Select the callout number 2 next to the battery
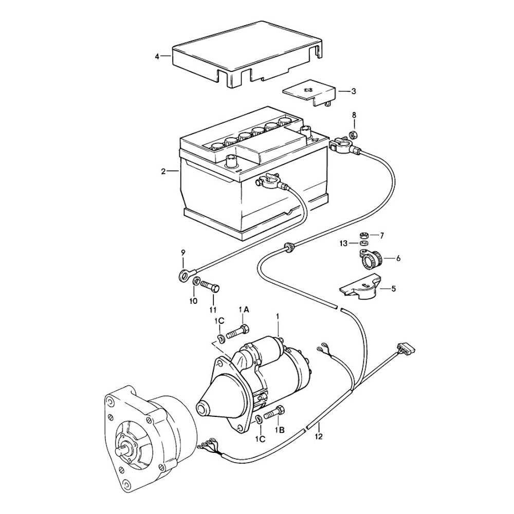(x=163, y=172)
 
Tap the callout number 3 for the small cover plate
(x=354, y=91)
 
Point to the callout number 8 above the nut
(x=354, y=115)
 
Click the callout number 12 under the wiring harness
(x=319, y=437)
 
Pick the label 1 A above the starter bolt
(x=243, y=309)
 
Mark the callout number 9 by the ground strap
(x=182, y=252)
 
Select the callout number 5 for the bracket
(x=394, y=289)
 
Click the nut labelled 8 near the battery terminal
(x=353, y=135)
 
